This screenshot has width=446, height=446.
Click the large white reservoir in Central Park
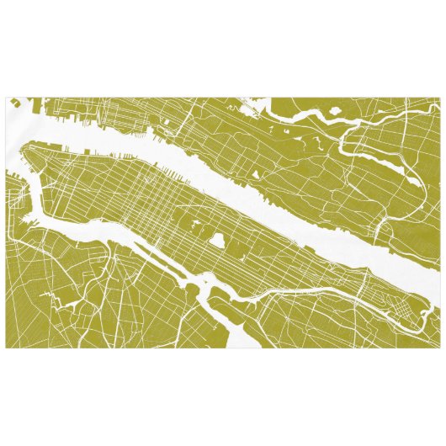pyautogui.click(x=217, y=241)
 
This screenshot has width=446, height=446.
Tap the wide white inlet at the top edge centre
pyautogui.click(x=261, y=104)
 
